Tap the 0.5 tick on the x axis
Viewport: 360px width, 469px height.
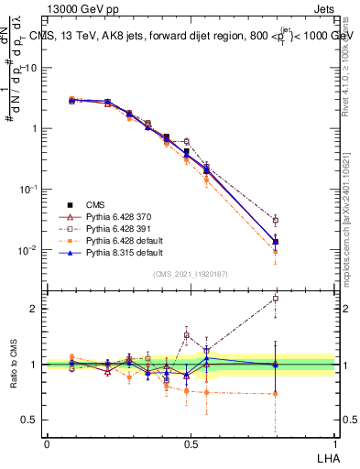(x=191, y=442)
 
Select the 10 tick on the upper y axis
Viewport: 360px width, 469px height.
(x=34, y=68)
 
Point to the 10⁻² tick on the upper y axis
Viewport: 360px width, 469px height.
(x=31, y=250)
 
